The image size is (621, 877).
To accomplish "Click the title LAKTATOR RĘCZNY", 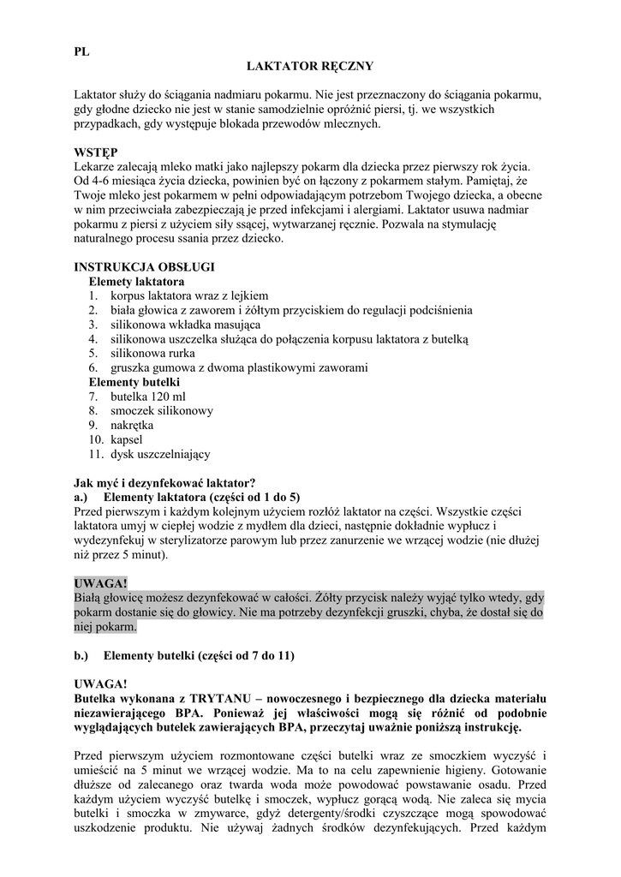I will click(311, 65).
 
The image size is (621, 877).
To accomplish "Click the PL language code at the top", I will click(82, 51).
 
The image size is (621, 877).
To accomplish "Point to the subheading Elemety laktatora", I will click(136, 281).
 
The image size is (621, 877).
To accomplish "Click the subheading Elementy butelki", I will click(134, 382).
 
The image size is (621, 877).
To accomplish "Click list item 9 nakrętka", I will click(132, 425).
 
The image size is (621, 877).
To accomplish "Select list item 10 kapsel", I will click(127, 439).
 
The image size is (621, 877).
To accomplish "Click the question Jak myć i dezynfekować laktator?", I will click(165, 483).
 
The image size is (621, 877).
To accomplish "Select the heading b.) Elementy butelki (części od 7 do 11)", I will click(184, 656).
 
